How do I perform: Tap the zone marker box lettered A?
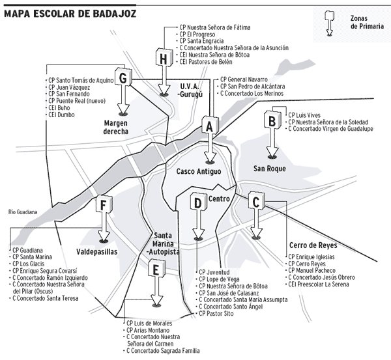click(x=208, y=125)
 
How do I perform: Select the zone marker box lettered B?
click(x=270, y=120)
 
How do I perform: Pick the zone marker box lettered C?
click(x=256, y=202)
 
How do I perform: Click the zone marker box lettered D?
click(x=197, y=203)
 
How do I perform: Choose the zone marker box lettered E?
click(x=154, y=268)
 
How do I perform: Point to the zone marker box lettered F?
click(x=102, y=206)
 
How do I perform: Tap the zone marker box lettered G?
click(x=121, y=77)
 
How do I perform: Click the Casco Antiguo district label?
click(x=199, y=171)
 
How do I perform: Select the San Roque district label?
click(x=270, y=169)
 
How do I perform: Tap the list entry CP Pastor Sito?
click(x=220, y=314)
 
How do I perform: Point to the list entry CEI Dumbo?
click(x=61, y=115)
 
